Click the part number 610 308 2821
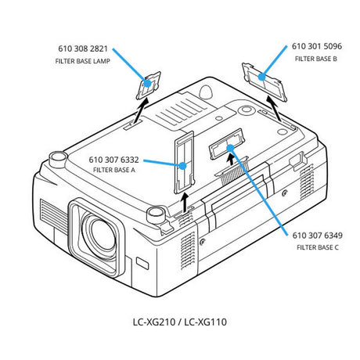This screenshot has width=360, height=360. pyautogui.click(x=83, y=49)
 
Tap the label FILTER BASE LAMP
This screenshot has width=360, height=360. pyautogui.click(x=83, y=61)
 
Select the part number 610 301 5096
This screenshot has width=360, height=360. pyautogui.click(x=317, y=46)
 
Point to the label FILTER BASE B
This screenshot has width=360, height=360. pyautogui.click(x=316, y=59)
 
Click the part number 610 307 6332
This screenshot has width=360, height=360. pyautogui.click(x=113, y=160)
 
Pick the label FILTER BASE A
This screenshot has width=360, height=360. pyautogui.click(x=114, y=170)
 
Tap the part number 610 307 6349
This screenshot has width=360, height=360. pyautogui.click(x=317, y=236)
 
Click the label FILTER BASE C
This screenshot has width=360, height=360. pyautogui.click(x=318, y=247)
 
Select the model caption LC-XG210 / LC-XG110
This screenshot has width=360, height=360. pyautogui.click(x=180, y=322)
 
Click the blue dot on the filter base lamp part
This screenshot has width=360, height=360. pyautogui.click(x=147, y=83)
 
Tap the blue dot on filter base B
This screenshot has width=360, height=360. pyautogui.click(x=261, y=77)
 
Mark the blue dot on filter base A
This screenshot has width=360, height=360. pyautogui.click(x=183, y=166)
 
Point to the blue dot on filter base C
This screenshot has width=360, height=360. pyautogui.click(x=229, y=148)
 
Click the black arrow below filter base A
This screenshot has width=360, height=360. pyautogui.click(x=185, y=203)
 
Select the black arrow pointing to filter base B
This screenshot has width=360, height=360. pyautogui.click(x=274, y=109)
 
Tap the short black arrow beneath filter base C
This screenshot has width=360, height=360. pyautogui.click(x=231, y=160)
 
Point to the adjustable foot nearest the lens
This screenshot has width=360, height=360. pyautogui.click(x=156, y=215)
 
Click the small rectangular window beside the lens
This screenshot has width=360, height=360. pyautogui.click(x=142, y=263)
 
